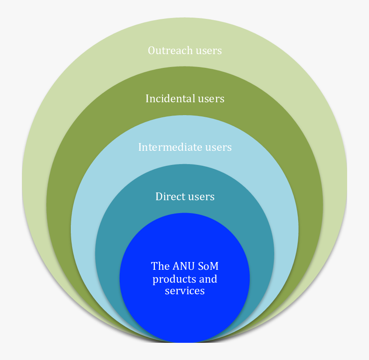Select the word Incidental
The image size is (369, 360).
[x=170, y=99]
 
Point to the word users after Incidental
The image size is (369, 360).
[x=211, y=99]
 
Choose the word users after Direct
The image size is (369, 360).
[x=201, y=197]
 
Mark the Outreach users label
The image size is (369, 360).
[x=184, y=51]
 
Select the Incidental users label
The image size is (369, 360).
[x=184, y=99]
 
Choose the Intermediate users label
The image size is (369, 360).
[x=184, y=147]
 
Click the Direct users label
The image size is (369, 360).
[x=184, y=197]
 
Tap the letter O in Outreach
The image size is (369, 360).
[x=151, y=51]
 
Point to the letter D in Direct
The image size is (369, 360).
[x=159, y=197]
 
